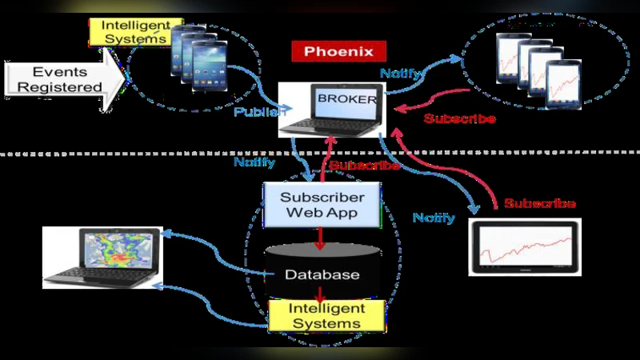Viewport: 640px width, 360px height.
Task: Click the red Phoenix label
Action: (x=339, y=53)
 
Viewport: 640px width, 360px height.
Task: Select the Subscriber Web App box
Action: (x=323, y=205)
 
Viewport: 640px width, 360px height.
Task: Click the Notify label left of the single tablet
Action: (x=434, y=218)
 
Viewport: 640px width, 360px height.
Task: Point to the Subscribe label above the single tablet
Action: (x=540, y=204)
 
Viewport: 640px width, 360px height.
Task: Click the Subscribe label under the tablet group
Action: (x=459, y=118)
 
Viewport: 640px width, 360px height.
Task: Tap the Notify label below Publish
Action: (x=254, y=162)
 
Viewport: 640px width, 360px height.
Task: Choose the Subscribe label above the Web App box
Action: (x=364, y=166)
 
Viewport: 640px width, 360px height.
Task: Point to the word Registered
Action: (x=61, y=87)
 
